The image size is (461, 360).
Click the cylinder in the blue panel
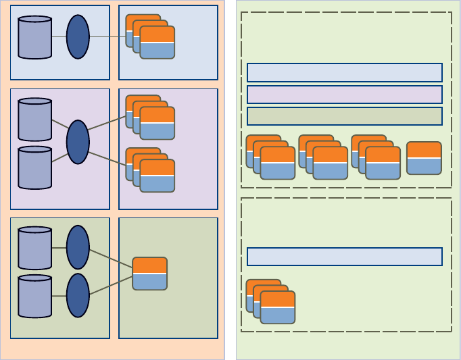34,37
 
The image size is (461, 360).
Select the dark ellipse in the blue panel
78,36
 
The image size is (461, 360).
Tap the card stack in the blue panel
150,36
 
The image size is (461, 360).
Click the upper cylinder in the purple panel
34,120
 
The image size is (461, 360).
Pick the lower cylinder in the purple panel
34,168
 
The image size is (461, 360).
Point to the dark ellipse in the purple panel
78,142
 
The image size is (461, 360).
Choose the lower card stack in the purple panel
150,170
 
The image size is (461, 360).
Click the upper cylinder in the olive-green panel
34,248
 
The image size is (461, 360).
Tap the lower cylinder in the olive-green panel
34,296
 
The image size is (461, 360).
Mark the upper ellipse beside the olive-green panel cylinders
78,247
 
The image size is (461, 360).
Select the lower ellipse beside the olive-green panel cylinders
78,295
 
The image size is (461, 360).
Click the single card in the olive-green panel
149,274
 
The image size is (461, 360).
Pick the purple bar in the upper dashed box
345,95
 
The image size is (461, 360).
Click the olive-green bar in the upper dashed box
345,116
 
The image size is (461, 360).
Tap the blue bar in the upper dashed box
345,72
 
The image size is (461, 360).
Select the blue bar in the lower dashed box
345,257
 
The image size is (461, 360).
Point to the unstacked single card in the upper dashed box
424,158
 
